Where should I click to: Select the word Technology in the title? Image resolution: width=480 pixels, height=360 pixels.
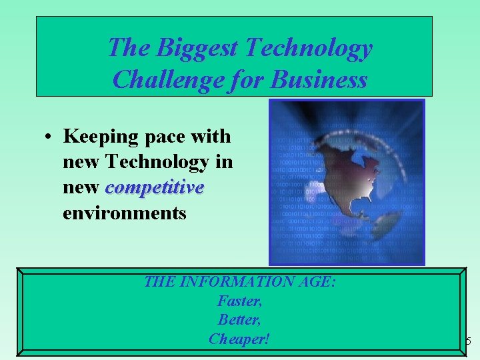309,48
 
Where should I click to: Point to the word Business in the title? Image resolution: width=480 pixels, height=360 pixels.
319,80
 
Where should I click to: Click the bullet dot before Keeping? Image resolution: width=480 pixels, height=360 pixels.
49,137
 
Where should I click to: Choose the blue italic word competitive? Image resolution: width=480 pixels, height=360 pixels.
155,188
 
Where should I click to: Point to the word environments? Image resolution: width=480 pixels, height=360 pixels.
124,213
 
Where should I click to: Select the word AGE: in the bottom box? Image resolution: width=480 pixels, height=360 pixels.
318,282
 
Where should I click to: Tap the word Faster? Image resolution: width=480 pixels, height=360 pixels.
239,301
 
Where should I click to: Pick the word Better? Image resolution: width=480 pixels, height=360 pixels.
239,320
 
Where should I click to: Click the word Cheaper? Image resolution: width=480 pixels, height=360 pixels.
239,339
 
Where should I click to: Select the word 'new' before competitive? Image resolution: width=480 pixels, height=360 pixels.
81,188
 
